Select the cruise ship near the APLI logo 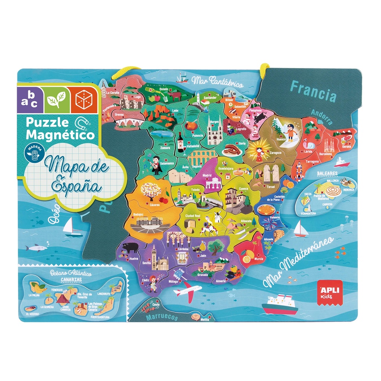(279, 304)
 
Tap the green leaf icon (57, 99)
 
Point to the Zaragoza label (265, 153)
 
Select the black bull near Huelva (130, 248)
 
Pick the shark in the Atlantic (36, 247)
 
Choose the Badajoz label (138, 214)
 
